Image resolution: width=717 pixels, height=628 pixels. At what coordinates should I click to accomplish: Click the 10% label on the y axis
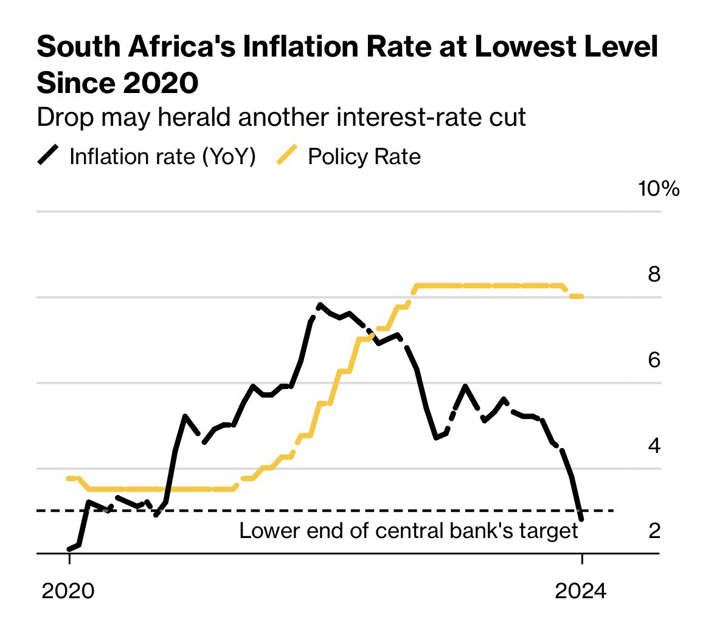(x=659, y=188)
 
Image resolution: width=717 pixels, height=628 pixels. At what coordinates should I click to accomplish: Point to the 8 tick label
(x=654, y=275)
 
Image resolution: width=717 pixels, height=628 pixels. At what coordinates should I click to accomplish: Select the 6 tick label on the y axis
(x=654, y=360)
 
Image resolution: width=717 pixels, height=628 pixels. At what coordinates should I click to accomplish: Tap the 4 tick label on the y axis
(x=654, y=446)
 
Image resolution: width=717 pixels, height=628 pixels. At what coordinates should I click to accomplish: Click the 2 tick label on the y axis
(x=654, y=531)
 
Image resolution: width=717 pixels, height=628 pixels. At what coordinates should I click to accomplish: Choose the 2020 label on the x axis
(x=68, y=590)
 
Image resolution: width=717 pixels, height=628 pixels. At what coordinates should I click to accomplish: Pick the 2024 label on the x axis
(x=581, y=590)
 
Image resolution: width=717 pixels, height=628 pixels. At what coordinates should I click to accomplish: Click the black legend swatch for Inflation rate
(x=49, y=156)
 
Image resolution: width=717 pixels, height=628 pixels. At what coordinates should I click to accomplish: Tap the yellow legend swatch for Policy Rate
(x=287, y=156)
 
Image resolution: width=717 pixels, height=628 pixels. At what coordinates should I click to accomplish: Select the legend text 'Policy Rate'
(x=364, y=156)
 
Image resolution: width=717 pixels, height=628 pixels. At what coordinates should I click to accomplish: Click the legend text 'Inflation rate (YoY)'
(x=162, y=156)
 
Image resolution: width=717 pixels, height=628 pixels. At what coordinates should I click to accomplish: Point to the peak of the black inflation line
(x=319, y=305)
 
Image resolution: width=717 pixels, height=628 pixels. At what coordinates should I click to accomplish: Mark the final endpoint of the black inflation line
(x=581, y=519)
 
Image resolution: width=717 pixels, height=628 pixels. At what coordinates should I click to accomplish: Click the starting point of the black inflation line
(x=69, y=549)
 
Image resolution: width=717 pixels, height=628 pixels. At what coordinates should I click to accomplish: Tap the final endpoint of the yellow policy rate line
(x=581, y=296)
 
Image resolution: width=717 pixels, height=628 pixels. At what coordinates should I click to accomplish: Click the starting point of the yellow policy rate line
(x=68, y=478)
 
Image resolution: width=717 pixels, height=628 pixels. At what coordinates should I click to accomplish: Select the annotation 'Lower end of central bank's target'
(x=408, y=531)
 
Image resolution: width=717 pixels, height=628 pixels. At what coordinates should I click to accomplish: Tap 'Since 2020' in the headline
(x=117, y=82)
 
